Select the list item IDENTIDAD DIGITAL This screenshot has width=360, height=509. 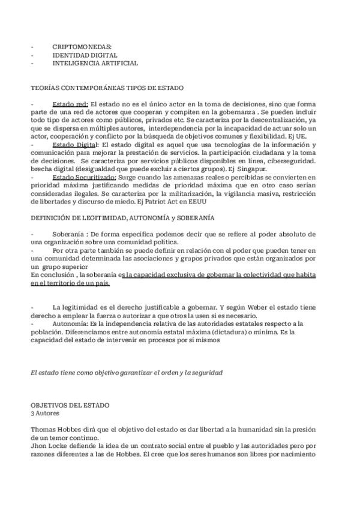(x=85, y=55)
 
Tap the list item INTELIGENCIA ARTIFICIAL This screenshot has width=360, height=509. (x=95, y=63)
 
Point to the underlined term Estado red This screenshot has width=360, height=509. (x=70, y=104)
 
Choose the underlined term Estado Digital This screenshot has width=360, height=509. (x=74, y=145)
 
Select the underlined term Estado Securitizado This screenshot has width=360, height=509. (x=84, y=178)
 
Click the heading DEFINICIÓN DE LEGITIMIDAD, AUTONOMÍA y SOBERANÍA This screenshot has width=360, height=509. (x=122, y=217)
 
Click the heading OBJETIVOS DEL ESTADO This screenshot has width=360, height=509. (x=70, y=405)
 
